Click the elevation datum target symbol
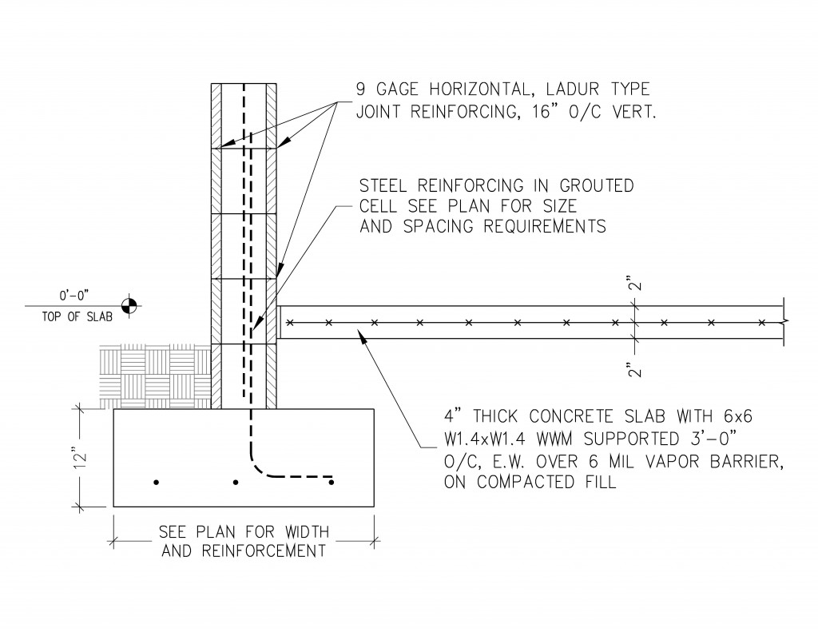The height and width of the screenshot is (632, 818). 129,304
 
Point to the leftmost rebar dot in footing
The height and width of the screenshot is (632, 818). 157,483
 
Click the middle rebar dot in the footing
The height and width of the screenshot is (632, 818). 236,483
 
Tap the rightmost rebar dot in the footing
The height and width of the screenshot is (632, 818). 332,482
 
